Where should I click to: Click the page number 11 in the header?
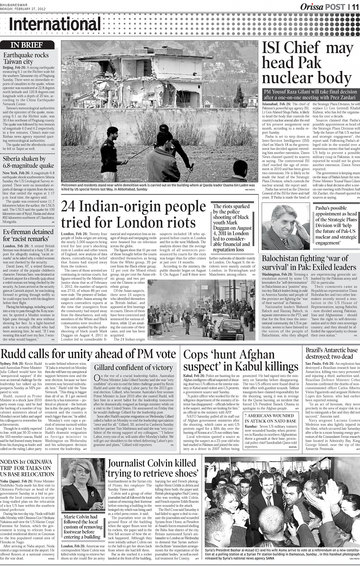pos(354,6)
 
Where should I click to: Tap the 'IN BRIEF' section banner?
pos(27,45)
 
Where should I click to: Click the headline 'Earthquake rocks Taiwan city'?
pos(26,58)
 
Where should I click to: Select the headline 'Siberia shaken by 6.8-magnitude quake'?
pos(28,162)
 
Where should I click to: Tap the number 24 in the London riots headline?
pos(72,207)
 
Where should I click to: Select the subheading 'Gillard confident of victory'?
pos(133,367)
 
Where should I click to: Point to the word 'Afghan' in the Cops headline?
pos(253,354)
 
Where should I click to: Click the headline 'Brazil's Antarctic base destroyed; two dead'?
pos(332,353)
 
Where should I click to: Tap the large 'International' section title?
pos(55,25)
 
